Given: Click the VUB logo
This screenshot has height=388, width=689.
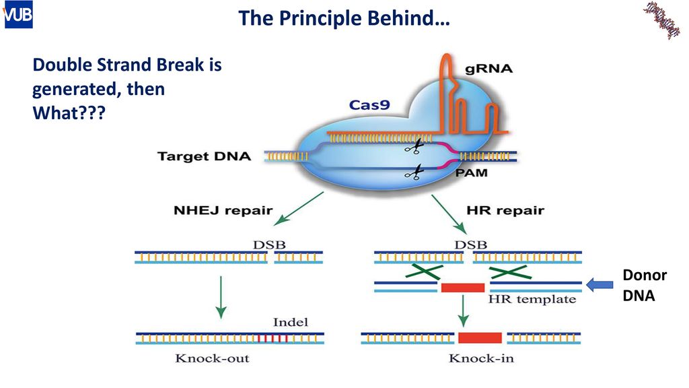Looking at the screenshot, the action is pyautogui.click(x=18, y=15).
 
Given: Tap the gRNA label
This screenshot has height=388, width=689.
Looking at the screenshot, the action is pyautogui.click(x=488, y=69).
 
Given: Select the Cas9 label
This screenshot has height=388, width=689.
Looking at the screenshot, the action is pyautogui.click(x=369, y=105).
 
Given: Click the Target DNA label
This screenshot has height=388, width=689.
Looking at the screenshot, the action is pyautogui.click(x=205, y=156).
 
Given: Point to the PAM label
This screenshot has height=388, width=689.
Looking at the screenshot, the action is pyautogui.click(x=471, y=173).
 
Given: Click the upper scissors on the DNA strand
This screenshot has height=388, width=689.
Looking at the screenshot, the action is pyautogui.click(x=414, y=146).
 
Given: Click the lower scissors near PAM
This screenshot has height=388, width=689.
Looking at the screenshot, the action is pyautogui.click(x=414, y=172).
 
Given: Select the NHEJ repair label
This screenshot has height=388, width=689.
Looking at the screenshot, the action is pyautogui.click(x=223, y=210).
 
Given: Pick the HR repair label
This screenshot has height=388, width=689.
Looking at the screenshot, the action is pyautogui.click(x=505, y=210).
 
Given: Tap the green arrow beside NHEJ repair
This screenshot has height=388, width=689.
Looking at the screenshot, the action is pyautogui.click(x=299, y=209).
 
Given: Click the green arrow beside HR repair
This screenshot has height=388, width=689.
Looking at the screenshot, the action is pyautogui.click(x=449, y=214).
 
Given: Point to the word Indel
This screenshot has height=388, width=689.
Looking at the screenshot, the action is pyautogui.click(x=291, y=323).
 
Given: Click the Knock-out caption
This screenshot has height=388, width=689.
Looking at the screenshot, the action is pyautogui.click(x=212, y=358).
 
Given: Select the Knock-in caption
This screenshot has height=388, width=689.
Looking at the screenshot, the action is pyautogui.click(x=481, y=358).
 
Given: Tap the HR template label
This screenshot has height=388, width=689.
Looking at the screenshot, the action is pyautogui.click(x=532, y=300).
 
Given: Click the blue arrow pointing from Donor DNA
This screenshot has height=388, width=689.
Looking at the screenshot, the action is pyautogui.click(x=600, y=285).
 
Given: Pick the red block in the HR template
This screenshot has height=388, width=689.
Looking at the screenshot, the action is pyautogui.click(x=463, y=288).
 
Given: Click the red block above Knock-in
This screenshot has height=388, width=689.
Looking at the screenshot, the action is pyautogui.click(x=480, y=338).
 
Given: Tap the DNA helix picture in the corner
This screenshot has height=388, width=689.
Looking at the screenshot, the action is pyautogui.click(x=661, y=20).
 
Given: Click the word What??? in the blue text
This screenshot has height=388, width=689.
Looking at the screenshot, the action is pyautogui.click(x=69, y=113).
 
